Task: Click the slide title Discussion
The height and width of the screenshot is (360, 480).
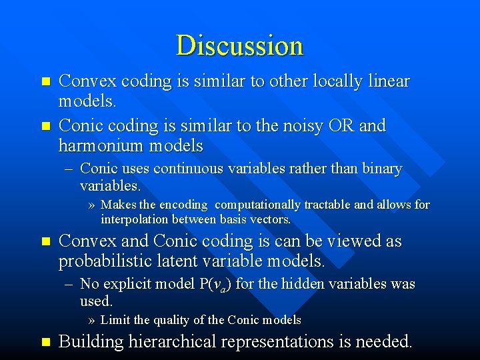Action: [239, 45]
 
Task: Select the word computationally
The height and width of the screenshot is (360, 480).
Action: [263, 205]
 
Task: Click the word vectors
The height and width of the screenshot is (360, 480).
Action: [270, 219]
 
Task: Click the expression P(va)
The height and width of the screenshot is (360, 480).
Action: [215, 285]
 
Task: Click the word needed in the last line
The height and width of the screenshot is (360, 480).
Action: [384, 342]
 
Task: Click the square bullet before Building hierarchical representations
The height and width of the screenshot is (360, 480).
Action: [45, 342]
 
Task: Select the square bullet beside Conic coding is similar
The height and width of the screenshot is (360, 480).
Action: [45, 125]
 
